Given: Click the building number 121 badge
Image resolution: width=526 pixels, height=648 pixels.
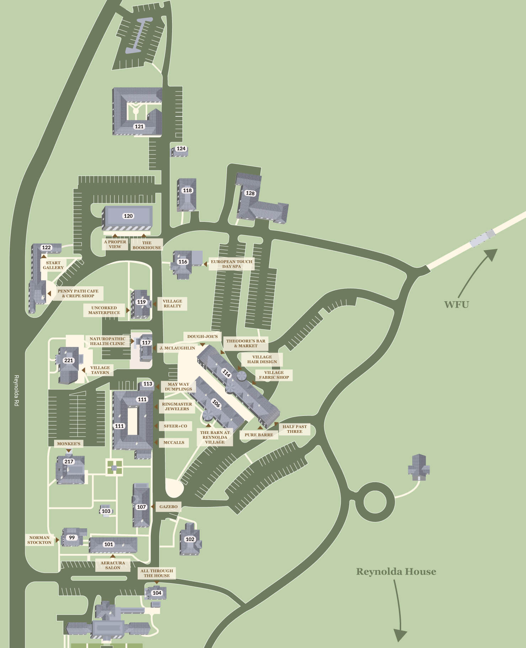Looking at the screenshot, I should click(x=139, y=126).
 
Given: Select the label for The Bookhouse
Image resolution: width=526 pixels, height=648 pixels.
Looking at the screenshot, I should click(x=147, y=245).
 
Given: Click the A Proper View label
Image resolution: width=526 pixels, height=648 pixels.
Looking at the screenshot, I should click(x=115, y=244).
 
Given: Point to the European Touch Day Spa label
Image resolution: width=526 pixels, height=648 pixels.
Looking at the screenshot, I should click(x=232, y=264).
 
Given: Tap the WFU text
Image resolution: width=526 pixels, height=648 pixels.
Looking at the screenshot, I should click(x=456, y=305).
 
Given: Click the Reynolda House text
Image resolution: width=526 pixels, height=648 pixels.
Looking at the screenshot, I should click(x=396, y=571).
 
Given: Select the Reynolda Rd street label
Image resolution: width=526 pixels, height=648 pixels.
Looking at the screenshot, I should click(x=16, y=390).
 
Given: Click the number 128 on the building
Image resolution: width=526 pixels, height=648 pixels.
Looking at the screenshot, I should click(x=250, y=193).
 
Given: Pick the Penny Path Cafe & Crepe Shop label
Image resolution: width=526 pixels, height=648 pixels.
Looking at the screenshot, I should click(x=78, y=293).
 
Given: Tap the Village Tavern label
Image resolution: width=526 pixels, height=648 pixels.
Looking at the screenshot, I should click(x=100, y=370).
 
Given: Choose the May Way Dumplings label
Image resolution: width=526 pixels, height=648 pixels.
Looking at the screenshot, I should click(x=178, y=387).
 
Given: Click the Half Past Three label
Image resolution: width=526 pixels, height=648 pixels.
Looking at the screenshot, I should click(x=294, y=429).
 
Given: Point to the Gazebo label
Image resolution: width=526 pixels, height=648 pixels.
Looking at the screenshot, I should click(x=168, y=506).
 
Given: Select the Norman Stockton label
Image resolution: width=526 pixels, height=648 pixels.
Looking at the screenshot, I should click(x=39, y=540).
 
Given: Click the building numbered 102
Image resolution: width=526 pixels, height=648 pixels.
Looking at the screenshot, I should click(x=190, y=539).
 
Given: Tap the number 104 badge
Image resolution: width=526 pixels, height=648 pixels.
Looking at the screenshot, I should click(x=157, y=593).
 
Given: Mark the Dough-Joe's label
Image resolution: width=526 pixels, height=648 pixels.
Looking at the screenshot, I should click(x=202, y=336).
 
